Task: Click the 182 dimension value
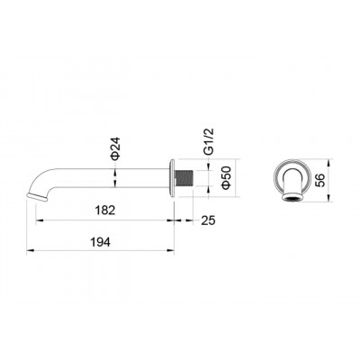coord(105,210)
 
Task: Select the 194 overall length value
coord(101,242)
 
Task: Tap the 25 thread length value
coord(208,220)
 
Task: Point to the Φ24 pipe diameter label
coord(115,148)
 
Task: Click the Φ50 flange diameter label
coord(226,177)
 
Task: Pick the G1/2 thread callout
coord(209,141)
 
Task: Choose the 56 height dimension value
coord(320,181)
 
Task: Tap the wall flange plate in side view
coord(172,178)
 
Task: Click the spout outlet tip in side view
coord(37,197)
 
